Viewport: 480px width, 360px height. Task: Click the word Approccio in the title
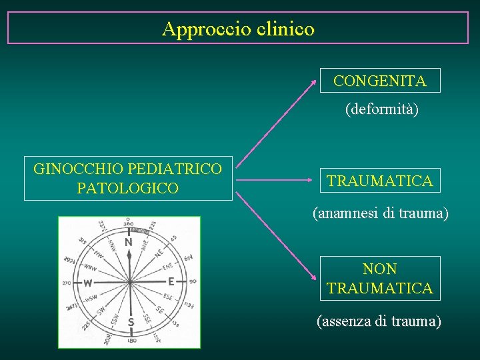tap(205, 29)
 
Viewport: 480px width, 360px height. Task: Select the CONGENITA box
tap(380, 81)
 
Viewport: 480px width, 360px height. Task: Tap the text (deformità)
tap(382, 109)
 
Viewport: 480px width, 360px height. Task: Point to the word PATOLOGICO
tap(127, 188)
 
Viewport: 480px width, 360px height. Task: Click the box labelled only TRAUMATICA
tap(380, 180)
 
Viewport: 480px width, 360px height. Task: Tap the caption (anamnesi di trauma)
tap(381, 214)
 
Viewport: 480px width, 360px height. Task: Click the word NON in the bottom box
tap(380, 269)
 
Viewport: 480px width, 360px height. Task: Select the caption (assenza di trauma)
tap(379, 321)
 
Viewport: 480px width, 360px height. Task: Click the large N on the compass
tap(128, 243)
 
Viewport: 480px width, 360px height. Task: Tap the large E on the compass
tap(171, 281)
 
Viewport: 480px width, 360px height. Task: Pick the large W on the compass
tap(87, 283)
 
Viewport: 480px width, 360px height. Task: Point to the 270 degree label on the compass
tap(66, 283)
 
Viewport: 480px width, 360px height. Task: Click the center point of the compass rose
tap(130, 281)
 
